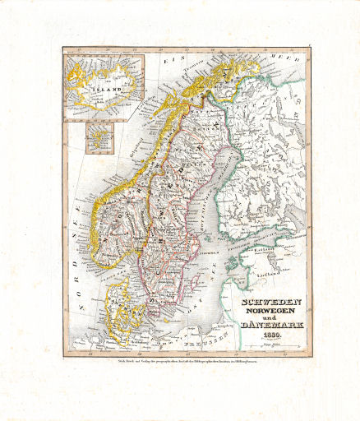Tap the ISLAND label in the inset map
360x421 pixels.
pos(104,82)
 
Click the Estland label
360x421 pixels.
pos(265,252)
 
